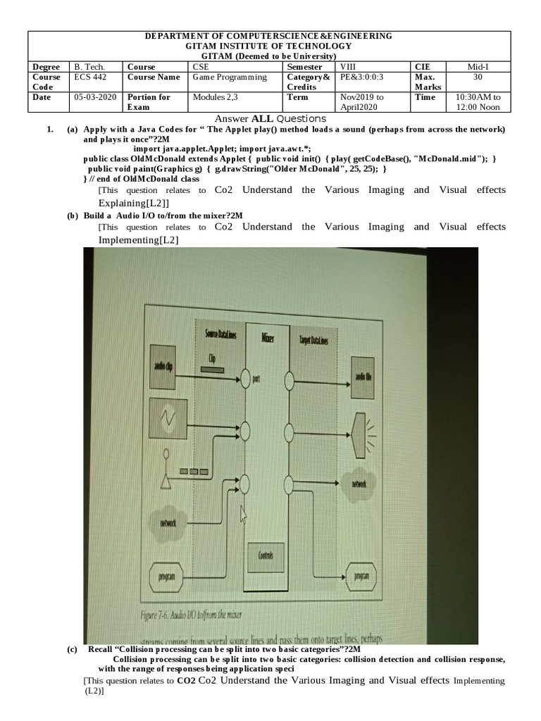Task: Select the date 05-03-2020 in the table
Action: pyautogui.click(x=94, y=97)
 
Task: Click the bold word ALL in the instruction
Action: pyautogui.click(x=252, y=118)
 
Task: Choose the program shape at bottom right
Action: pyautogui.click(x=363, y=577)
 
